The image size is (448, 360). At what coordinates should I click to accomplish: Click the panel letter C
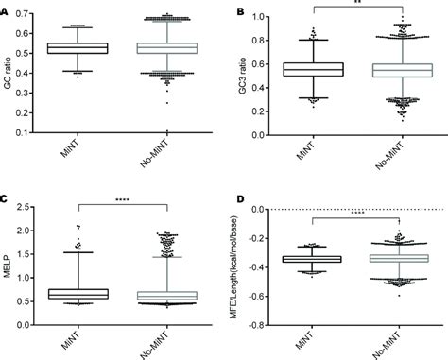tap(6, 200)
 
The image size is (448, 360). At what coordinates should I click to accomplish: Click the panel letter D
tap(239, 200)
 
